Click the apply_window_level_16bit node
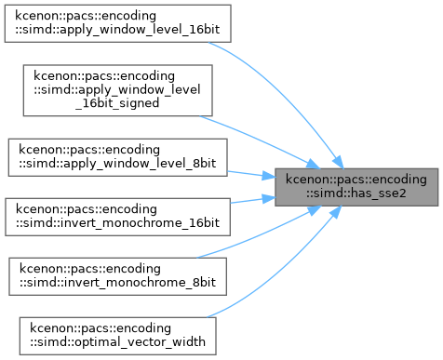[x=117, y=23]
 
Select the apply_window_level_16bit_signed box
[x=118, y=90]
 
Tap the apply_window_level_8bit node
[x=118, y=157]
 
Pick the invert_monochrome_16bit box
[x=117, y=217]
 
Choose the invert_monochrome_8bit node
[x=118, y=276]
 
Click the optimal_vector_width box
[x=118, y=336]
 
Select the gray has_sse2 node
[x=356, y=187]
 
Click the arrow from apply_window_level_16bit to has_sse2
[x=287, y=93]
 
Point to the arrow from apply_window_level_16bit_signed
[x=261, y=140]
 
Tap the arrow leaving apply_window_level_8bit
[x=251, y=174]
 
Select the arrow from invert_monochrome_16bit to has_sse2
[x=253, y=200]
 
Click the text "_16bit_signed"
[x=117, y=103]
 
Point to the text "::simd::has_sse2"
[x=356, y=193]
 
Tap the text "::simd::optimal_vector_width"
[x=118, y=342]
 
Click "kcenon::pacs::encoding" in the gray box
[x=356, y=180]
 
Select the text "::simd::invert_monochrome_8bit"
[x=118, y=283]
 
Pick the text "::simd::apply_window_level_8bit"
[x=118, y=164]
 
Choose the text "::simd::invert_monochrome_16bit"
[x=117, y=223]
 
